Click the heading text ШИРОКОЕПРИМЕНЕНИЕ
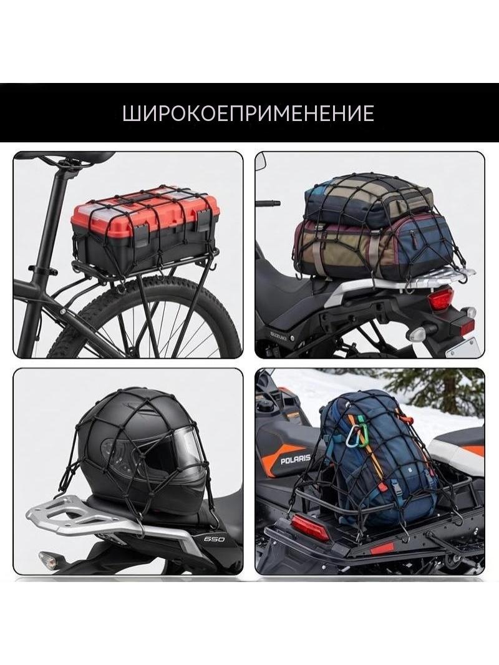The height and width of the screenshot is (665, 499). (248, 114)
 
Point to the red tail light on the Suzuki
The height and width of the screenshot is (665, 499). (441, 300)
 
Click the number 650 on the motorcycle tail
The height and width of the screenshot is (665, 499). (214, 539)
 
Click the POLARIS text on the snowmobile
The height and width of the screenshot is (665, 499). (296, 459)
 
